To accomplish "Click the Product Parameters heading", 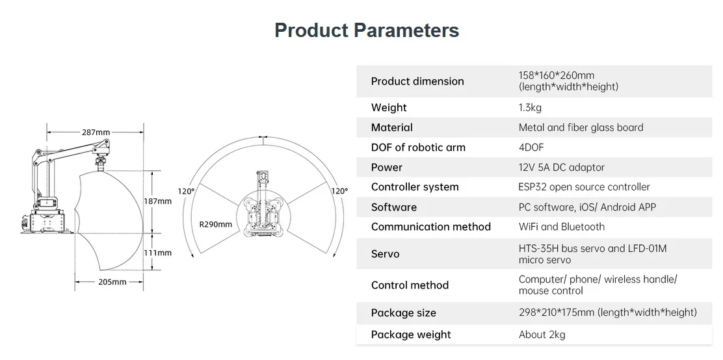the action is [x=367, y=31].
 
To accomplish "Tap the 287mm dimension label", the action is [x=96, y=133].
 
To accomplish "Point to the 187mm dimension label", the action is [x=158, y=201].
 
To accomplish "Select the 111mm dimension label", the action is [x=158, y=253].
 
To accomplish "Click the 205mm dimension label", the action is [x=112, y=281].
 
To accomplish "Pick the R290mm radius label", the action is [x=216, y=224].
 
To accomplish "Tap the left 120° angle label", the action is [x=187, y=191].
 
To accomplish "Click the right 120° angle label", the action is [x=340, y=191].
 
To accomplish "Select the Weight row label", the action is [x=389, y=107].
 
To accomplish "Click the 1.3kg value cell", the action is [x=530, y=108].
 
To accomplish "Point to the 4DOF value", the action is [x=531, y=148].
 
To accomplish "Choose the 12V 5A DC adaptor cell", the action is [x=561, y=167].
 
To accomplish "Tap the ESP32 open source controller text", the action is [x=585, y=187].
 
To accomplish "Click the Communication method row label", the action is [x=430, y=227].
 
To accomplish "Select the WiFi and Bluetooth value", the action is [x=561, y=227].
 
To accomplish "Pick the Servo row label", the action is [x=385, y=254].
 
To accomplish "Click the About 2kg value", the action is [x=542, y=335].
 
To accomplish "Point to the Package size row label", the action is [x=404, y=313].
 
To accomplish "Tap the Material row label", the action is [x=392, y=127].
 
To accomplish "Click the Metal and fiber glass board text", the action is [x=581, y=127].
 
